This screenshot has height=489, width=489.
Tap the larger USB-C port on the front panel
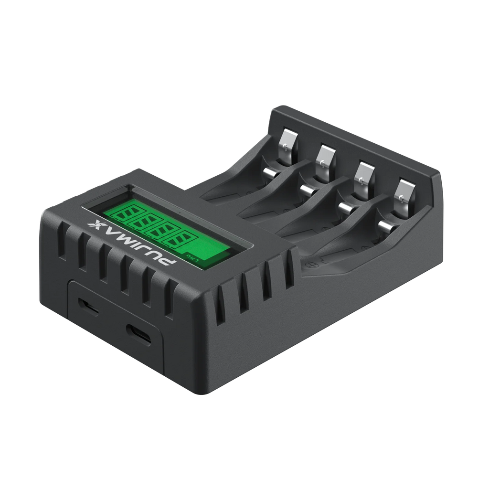138,334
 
